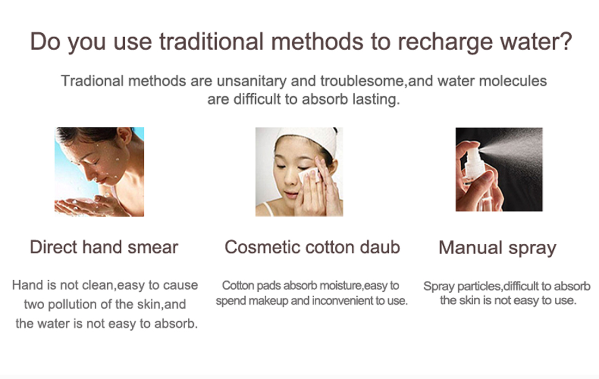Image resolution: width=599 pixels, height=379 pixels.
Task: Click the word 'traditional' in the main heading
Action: pos(211,41)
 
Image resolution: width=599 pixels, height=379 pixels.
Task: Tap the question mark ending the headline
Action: pos(565,40)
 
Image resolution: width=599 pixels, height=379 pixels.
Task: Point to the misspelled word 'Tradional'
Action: pos(92,81)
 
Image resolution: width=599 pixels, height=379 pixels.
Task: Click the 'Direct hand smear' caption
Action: pos(104,247)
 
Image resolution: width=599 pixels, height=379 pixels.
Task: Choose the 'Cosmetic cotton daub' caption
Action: pos(312,247)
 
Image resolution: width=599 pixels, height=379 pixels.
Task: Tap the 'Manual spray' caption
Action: pos(497,248)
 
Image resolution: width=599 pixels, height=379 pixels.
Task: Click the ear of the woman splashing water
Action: pos(125,136)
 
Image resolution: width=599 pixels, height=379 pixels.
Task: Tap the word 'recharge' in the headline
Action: pos(445,41)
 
